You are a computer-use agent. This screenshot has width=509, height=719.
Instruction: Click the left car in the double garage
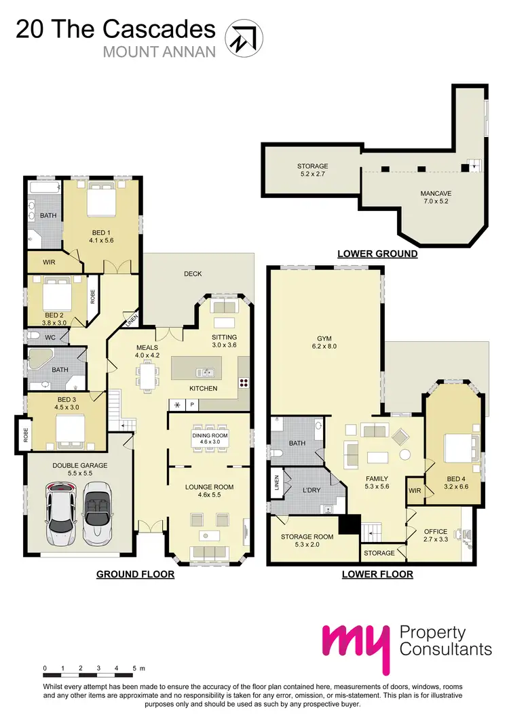point(62,513)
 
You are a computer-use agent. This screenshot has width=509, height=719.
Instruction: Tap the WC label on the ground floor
point(51,336)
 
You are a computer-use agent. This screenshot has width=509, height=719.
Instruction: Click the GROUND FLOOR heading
point(135,574)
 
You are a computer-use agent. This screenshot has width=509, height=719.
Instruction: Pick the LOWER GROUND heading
point(377,254)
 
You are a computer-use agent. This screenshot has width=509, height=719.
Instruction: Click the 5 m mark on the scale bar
point(136,668)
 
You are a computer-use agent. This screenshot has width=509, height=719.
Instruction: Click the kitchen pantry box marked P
point(192,405)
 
